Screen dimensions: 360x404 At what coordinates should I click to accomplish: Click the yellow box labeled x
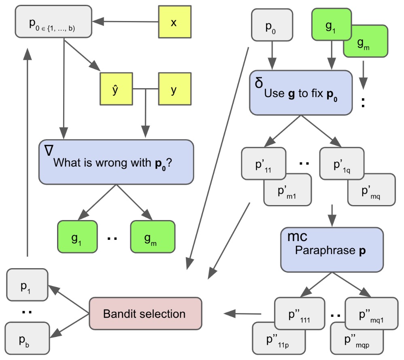click(174, 23)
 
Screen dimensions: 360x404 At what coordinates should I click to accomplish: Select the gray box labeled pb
click(27, 337)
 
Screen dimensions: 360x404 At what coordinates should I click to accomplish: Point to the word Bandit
click(122, 314)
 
